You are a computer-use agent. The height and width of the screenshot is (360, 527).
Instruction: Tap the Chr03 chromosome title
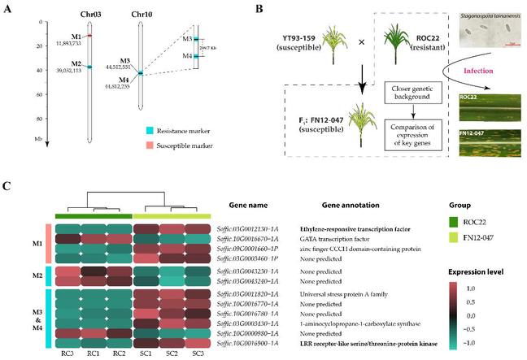(x=91, y=15)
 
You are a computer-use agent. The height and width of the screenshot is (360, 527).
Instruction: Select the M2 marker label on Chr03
(x=75, y=63)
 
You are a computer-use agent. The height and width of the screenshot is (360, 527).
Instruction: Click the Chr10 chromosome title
(x=141, y=15)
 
